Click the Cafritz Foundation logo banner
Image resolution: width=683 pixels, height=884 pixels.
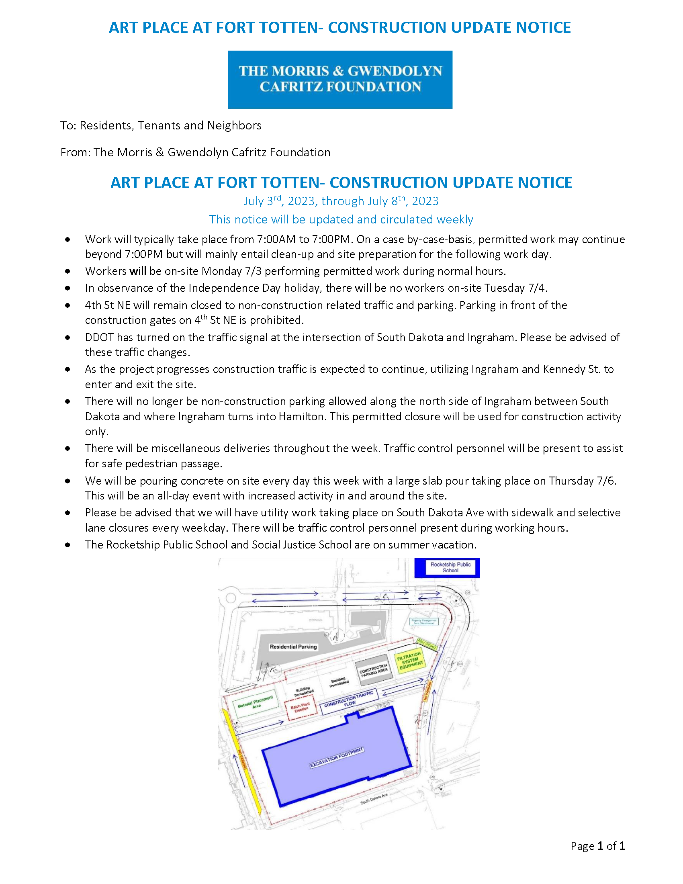point(340,79)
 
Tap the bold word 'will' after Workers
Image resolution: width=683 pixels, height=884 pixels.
point(137,271)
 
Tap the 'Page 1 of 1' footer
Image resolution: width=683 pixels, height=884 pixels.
point(598,846)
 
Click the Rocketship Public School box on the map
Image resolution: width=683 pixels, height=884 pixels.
point(450,567)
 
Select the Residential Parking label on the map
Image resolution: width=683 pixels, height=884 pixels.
point(293,647)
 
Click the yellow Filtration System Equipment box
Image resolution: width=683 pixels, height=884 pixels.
point(410,661)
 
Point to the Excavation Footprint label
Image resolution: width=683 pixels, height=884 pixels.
point(337,757)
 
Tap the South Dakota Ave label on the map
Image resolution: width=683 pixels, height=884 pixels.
point(374,798)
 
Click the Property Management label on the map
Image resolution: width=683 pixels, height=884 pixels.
point(423,621)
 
